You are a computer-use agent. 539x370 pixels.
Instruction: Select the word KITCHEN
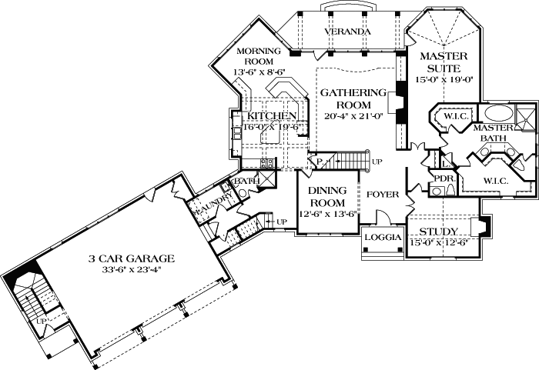[x=271, y=116]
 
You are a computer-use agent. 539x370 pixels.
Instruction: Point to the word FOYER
[x=382, y=195]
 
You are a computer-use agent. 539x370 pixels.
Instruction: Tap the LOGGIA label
[x=383, y=238]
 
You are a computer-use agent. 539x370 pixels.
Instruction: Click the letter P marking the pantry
[x=317, y=162]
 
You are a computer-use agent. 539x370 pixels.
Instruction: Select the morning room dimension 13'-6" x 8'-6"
[x=259, y=72]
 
